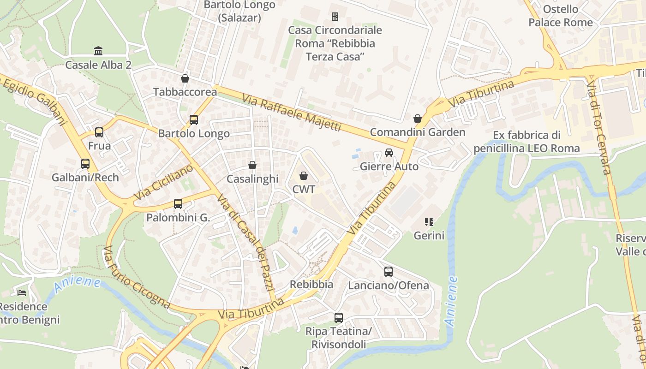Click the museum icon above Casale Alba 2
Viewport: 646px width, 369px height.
click(x=98, y=51)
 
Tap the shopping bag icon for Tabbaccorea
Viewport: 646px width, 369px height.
click(x=185, y=78)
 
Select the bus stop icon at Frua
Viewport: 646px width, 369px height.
click(x=99, y=132)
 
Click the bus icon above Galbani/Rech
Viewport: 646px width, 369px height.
click(x=85, y=164)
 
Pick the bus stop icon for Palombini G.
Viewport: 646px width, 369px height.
click(x=178, y=203)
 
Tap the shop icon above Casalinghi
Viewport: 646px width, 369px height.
click(x=252, y=165)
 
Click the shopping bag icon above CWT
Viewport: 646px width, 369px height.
click(x=304, y=176)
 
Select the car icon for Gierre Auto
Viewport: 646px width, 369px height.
click(x=389, y=153)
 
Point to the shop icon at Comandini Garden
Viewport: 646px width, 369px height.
click(x=418, y=119)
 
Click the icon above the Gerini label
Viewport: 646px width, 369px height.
click(x=429, y=222)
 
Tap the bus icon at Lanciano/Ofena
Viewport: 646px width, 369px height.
click(x=389, y=272)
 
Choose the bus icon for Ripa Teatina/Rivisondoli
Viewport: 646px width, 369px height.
click(x=339, y=317)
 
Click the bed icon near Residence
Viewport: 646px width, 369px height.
click(x=22, y=292)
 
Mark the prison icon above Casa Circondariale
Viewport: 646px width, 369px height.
click(x=335, y=17)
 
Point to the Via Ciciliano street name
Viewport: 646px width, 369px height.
click(x=163, y=183)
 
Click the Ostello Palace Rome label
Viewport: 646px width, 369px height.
click(x=560, y=16)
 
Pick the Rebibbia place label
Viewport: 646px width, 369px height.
click(x=311, y=284)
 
